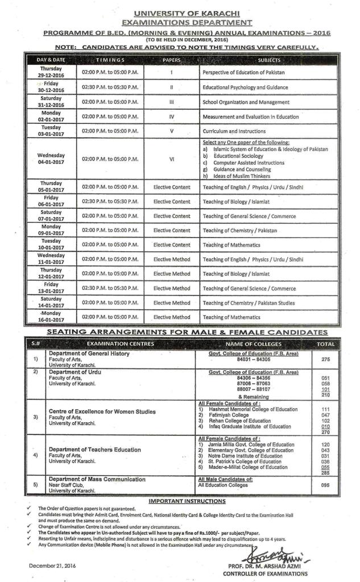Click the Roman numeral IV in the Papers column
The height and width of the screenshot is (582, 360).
(171, 117)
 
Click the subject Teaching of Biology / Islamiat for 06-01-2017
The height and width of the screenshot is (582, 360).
(237, 202)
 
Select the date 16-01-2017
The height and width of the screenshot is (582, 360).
(51, 321)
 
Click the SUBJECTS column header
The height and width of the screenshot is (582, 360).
(268, 60)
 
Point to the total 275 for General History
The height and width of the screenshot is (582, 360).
(325, 360)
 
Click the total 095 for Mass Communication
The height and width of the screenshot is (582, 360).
(325, 485)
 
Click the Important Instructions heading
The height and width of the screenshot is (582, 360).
(187, 501)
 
